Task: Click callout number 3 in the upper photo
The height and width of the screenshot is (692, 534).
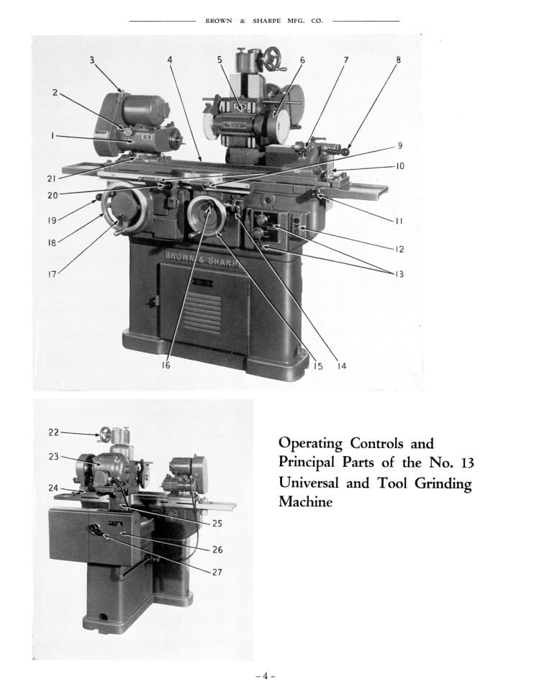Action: (92, 60)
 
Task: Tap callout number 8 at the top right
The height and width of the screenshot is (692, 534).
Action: (398, 60)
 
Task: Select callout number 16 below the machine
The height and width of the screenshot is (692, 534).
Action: (166, 365)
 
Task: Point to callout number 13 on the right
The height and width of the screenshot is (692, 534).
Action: (399, 273)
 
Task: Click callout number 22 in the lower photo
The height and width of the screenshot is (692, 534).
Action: (53, 432)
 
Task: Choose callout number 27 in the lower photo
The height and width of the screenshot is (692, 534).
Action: (217, 572)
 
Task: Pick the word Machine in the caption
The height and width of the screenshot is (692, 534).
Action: (305, 502)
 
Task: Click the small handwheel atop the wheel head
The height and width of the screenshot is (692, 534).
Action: (273, 55)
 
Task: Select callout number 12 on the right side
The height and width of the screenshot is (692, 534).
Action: (399, 249)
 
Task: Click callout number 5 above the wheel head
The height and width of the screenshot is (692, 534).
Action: (220, 60)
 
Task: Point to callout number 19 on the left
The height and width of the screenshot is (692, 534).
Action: (52, 219)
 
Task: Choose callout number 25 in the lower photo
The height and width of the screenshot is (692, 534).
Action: (217, 523)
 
